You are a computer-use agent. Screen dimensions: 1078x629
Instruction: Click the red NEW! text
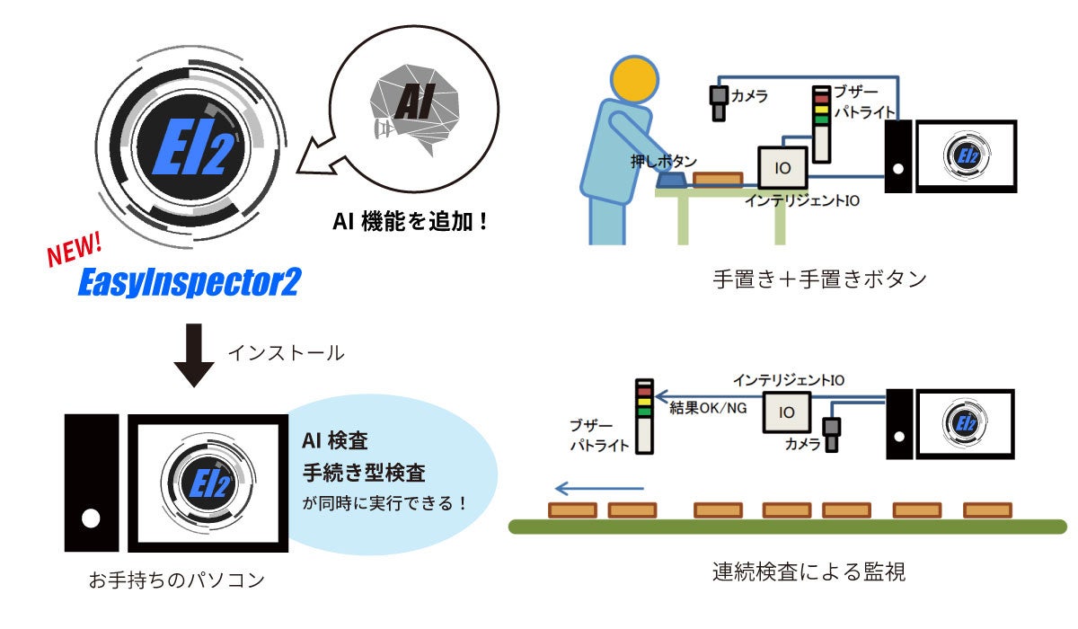point(75,251)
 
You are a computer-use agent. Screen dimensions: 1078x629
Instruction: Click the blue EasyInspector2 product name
point(188,282)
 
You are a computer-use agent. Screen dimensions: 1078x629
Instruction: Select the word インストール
point(286,353)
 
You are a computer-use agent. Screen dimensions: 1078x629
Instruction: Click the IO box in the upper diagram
point(784,168)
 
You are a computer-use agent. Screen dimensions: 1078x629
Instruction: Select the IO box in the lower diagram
point(786,413)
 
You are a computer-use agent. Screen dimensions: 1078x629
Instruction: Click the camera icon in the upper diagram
point(719,102)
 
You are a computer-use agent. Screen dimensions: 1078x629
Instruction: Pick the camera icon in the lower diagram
point(834,435)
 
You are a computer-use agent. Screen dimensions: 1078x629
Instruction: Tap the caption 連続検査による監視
point(808,571)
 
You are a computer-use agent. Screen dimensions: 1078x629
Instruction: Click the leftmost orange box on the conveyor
point(573,510)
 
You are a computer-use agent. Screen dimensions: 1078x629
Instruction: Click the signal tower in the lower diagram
point(644,417)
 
